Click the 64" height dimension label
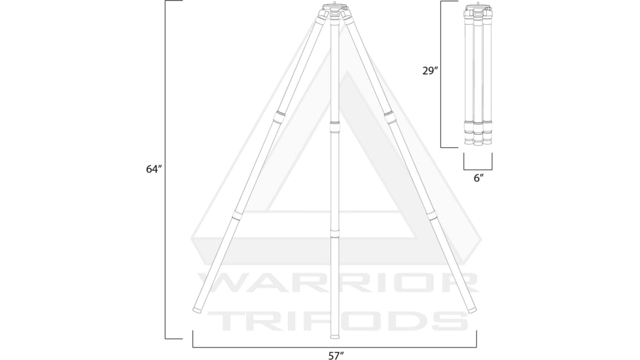[x=154, y=169]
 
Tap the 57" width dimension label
[x=335, y=355]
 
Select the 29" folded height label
[x=429, y=71]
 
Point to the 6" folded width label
[x=478, y=178]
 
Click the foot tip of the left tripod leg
[x=196, y=309]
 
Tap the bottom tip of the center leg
[x=335, y=336]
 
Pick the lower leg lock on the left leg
[x=238, y=214]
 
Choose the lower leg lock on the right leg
[x=431, y=214]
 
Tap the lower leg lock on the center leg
[x=335, y=234]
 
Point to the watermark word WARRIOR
[x=335, y=281]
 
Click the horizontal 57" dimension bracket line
[x=334, y=346]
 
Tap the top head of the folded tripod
[x=478, y=11]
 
